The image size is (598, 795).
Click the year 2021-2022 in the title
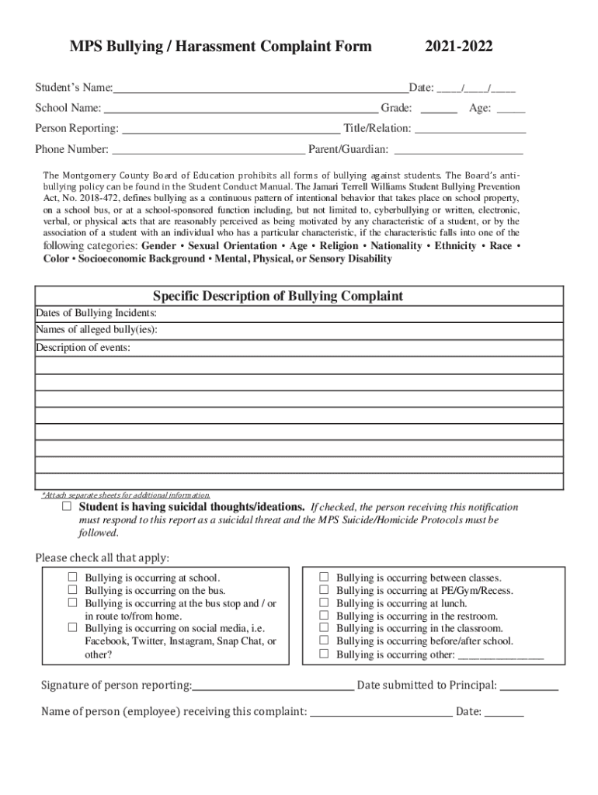coord(458,48)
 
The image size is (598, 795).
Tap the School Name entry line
coord(241,108)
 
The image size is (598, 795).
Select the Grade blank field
coord(440,109)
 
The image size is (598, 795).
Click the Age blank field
coord(510,109)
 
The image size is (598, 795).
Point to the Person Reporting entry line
coord(231,128)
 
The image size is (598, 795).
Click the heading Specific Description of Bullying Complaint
coord(277,297)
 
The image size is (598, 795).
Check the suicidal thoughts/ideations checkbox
coord(67,507)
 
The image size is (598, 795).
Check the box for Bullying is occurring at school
coord(72,578)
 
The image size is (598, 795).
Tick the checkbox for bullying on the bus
coord(72,590)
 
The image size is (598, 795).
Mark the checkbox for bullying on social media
coord(72,627)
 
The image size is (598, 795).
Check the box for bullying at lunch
coord(324,602)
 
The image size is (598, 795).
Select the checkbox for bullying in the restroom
coord(324,616)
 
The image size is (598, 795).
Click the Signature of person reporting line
coord(273,686)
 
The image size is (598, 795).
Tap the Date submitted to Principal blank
coord(529,686)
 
